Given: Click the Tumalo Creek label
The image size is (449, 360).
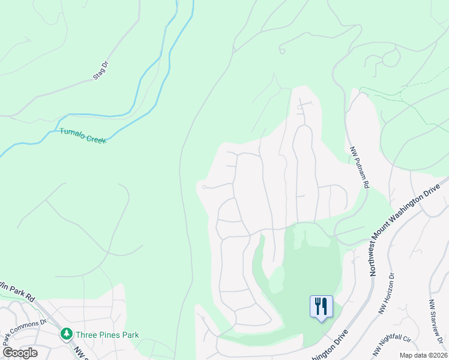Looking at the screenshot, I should click(x=83, y=136).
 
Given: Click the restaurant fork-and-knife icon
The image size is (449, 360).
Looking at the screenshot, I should click(x=321, y=306).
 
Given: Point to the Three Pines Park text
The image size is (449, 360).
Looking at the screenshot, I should click(x=107, y=335).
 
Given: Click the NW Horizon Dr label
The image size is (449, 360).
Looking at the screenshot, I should click(x=385, y=295).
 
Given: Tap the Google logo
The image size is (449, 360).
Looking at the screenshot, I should click(x=20, y=353).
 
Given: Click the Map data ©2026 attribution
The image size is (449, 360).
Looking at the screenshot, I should click(x=423, y=355).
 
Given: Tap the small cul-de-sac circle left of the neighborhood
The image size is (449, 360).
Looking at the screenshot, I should click(x=204, y=187).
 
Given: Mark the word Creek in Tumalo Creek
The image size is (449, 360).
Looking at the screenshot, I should click(x=95, y=138).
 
